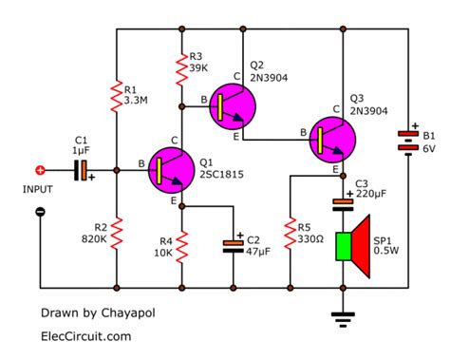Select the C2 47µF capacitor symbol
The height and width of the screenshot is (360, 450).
click(233, 244)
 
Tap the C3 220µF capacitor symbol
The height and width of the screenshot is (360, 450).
click(342, 201)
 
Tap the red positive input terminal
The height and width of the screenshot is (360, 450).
click(40, 171)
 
